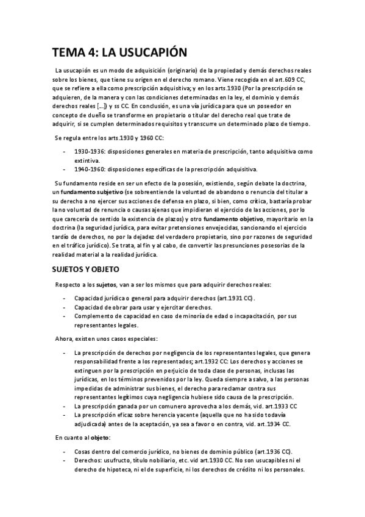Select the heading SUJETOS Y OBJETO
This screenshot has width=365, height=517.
85,269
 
